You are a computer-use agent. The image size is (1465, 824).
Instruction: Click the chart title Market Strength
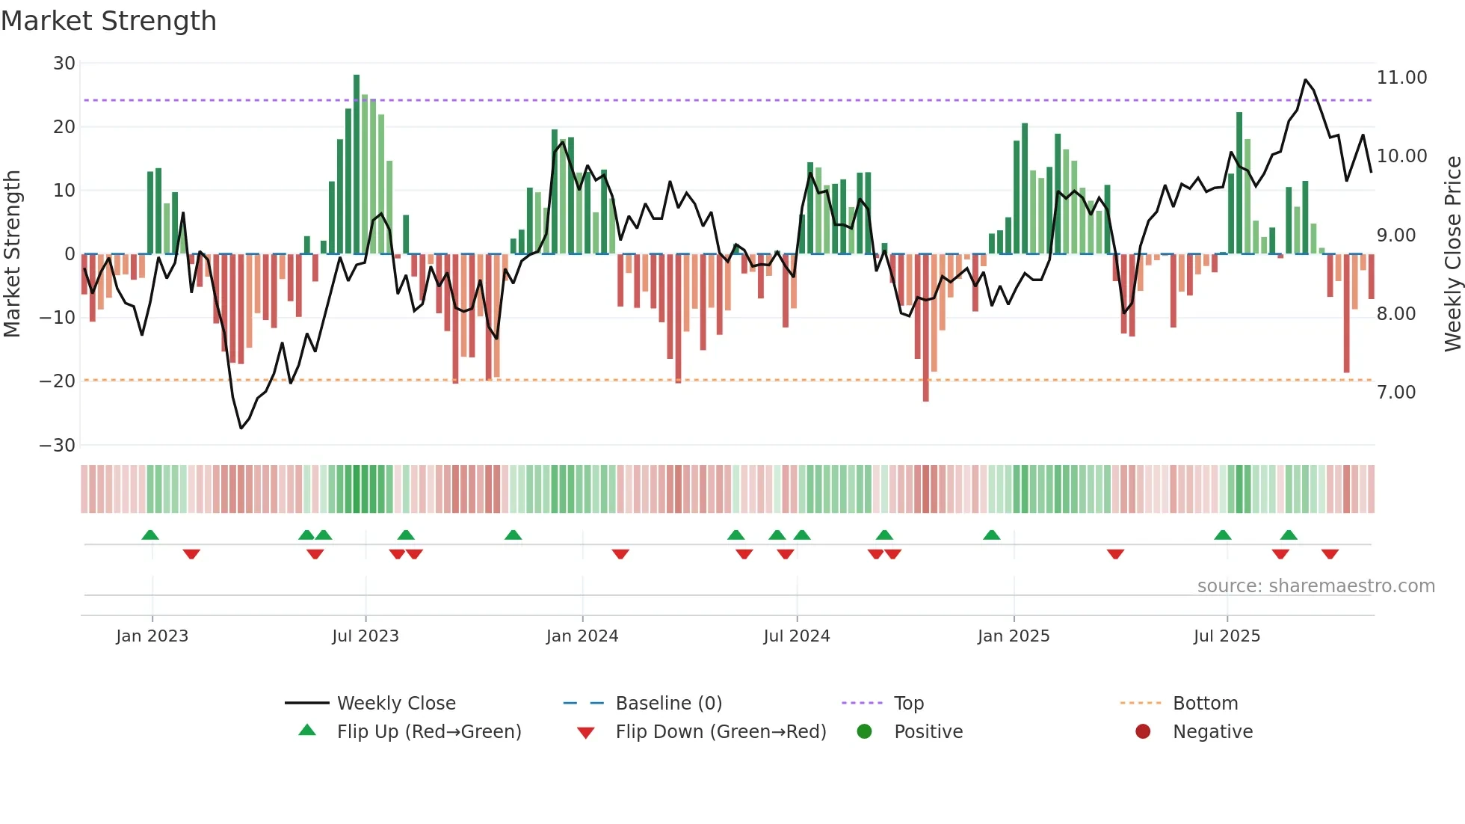pyautogui.click(x=108, y=21)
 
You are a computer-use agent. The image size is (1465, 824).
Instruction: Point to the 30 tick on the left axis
pyautogui.click(x=64, y=64)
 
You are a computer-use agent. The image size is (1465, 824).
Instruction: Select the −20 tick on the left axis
pyautogui.click(x=58, y=381)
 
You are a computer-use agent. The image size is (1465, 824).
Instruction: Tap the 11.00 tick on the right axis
pyautogui.click(x=1401, y=78)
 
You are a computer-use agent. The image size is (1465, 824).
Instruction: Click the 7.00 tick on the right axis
pyautogui.click(x=1396, y=393)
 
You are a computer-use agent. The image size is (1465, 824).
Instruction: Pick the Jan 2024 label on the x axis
pyautogui.click(x=582, y=636)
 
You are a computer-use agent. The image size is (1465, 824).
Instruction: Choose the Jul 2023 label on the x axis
pyautogui.click(x=366, y=636)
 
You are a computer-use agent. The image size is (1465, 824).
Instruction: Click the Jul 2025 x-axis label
pyautogui.click(x=1227, y=636)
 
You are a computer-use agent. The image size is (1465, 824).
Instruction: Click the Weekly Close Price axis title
pyautogui.click(x=1452, y=254)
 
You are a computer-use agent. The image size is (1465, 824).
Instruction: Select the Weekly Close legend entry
pyautogui.click(x=396, y=704)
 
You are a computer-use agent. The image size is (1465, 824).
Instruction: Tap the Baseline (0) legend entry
pyautogui.click(x=668, y=704)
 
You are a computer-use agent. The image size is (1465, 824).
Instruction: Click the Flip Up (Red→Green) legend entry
pyautogui.click(x=428, y=732)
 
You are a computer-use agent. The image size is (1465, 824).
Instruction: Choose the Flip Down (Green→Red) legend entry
pyautogui.click(x=721, y=732)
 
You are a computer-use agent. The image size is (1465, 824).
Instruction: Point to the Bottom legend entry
pyautogui.click(x=1205, y=704)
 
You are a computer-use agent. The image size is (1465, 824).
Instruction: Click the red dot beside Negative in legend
pyautogui.click(x=1143, y=731)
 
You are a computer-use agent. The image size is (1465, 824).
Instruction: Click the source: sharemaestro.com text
pyautogui.click(x=1316, y=586)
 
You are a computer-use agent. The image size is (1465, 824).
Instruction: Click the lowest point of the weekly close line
pyautogui.click(x=241, y=428)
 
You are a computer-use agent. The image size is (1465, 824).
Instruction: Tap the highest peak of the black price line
pyautogui.click(x=1305, y=80)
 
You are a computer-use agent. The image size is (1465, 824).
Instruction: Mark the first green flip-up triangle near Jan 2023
pyautogui.click(x=150, y=535)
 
